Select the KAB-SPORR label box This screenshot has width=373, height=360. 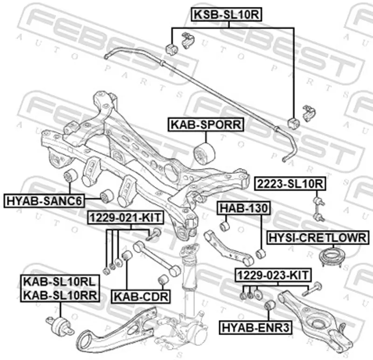click(206, 125)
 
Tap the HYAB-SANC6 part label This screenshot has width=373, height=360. click(44, 201)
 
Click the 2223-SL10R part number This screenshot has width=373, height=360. click(289, 184)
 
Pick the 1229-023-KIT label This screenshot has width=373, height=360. click(272, 275)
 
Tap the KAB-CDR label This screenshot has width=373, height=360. click(141, 296)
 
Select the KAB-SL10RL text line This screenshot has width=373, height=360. click(59, 282)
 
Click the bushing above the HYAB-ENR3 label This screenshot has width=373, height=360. click(268, 306)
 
